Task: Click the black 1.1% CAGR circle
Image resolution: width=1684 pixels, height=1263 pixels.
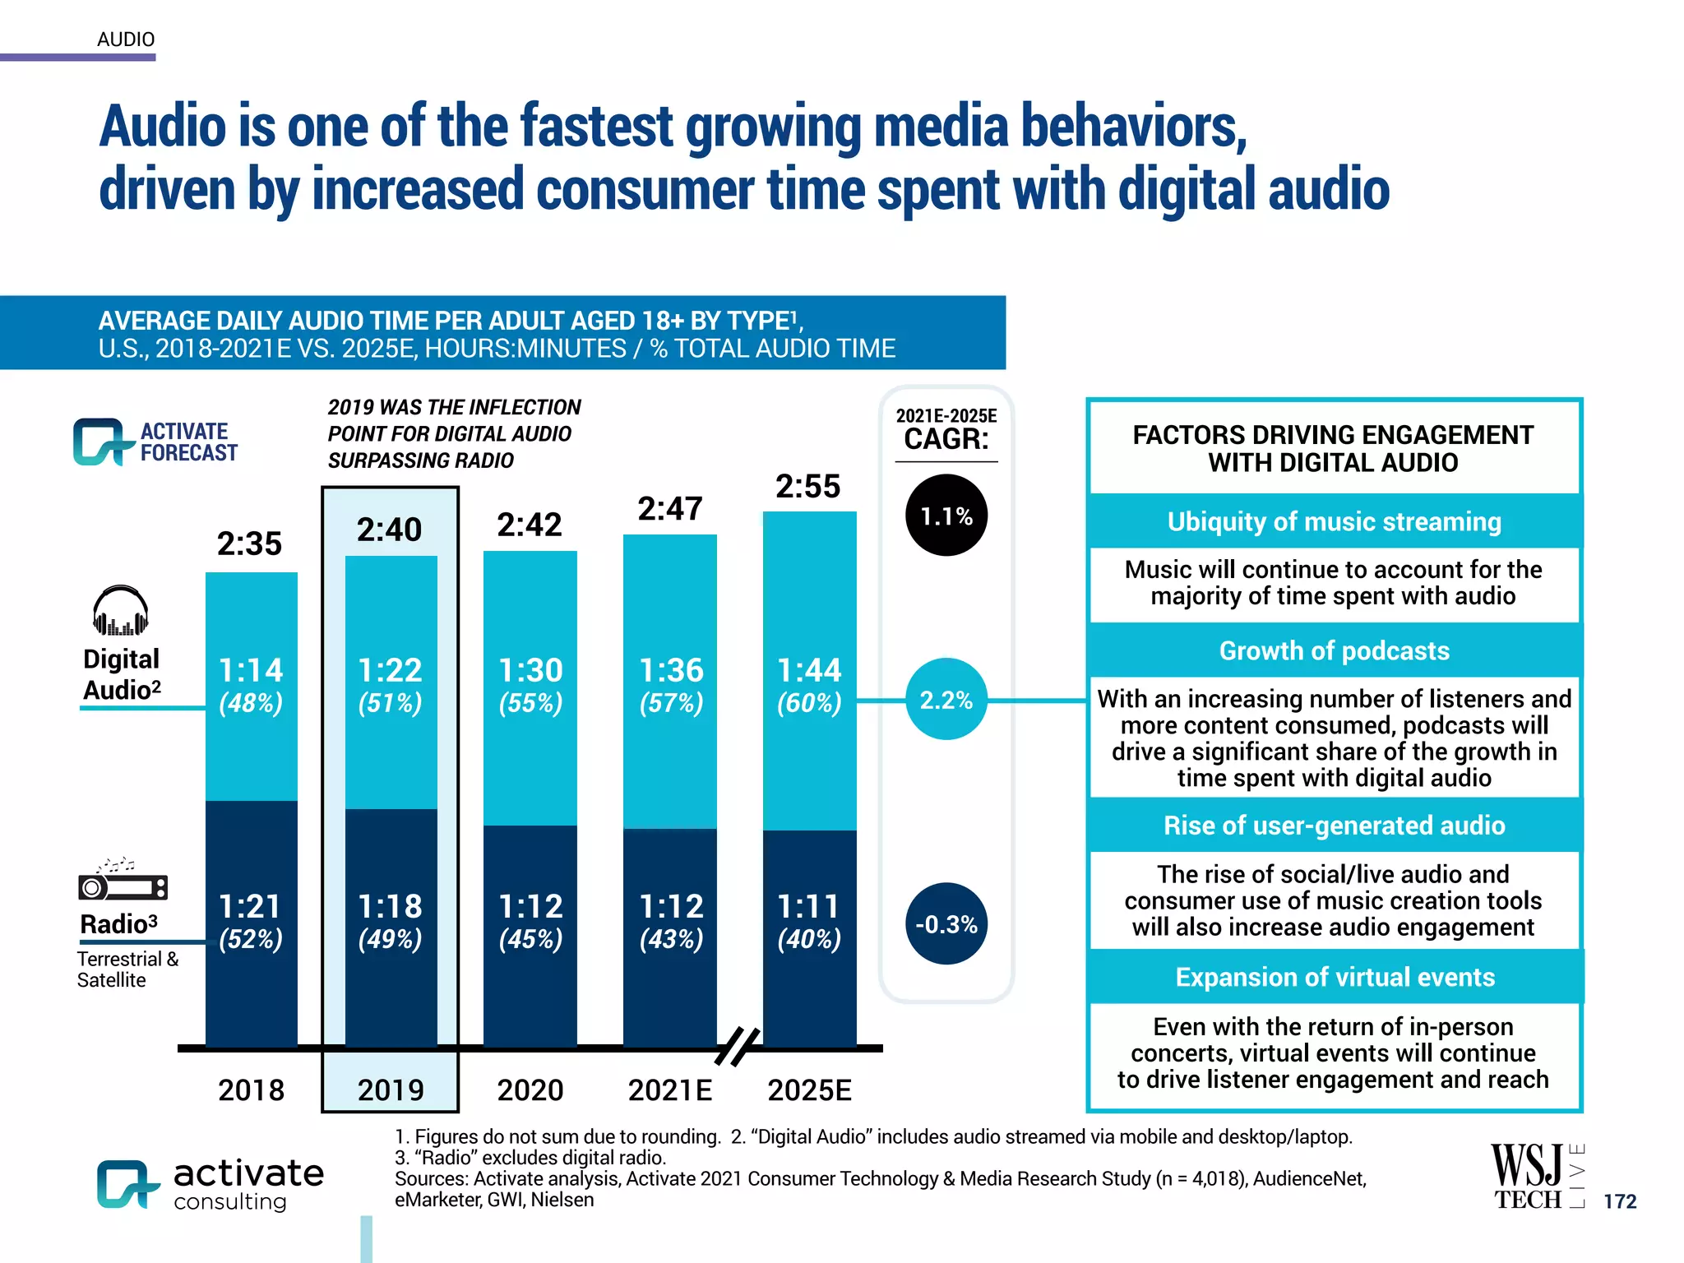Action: (x=946, y=516)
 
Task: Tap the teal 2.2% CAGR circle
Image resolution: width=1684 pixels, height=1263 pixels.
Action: (x=946, y=700)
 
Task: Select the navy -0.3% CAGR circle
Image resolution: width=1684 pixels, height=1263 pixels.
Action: (x=946, y=924)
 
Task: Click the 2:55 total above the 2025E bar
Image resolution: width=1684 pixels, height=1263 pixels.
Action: (x=807, y=487)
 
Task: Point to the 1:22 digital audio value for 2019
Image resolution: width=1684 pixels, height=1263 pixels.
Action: (x=390, y=670)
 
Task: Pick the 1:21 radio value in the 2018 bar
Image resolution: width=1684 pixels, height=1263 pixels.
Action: (x=250, y=906)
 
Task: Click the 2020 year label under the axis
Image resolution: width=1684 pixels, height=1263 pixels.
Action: (x=530, y=1090)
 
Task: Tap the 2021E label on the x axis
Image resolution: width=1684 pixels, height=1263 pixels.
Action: (x=669, y=1090)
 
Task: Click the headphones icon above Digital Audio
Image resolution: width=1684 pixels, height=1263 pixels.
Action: (x=121, y=611)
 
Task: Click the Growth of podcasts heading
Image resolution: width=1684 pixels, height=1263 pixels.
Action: (x=1334, y=650)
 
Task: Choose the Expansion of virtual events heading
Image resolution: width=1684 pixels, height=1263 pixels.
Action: (x=1334, y=977)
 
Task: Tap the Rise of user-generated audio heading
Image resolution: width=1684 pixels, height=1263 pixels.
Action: (x=1334, y=826)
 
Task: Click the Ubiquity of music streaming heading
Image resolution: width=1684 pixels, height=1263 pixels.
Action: (x=1334, y=521)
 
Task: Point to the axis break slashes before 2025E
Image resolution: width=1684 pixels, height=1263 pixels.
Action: (x=738, y=1047)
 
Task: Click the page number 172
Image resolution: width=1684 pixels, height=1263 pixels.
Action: (x=1619, y=1201)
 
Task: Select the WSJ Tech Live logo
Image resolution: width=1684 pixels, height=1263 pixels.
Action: (x=1535, y=1177)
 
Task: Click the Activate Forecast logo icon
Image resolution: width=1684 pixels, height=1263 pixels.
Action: (x=102, y=442)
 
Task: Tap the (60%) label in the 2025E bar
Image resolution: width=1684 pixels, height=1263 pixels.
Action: (x=809, y=704)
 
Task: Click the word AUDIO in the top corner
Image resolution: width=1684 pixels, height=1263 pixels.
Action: (x=126, y=39)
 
